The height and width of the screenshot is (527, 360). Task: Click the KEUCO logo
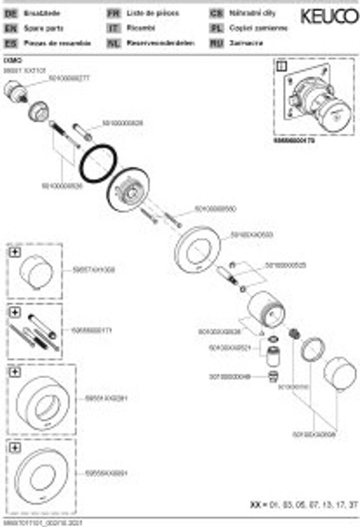(329, 17)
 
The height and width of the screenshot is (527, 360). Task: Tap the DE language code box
(10, 14)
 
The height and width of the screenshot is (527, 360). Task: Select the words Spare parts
(42, 29)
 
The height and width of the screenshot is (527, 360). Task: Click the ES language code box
(10, 43)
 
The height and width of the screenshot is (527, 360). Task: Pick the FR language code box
(114, 14)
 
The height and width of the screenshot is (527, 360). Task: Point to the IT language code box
(114, 29)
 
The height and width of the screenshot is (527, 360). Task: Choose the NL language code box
(114, 43)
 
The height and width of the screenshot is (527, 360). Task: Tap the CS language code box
(217, 14)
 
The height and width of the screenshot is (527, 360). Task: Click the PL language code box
(217, 29)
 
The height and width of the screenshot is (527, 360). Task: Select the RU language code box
(217, 43)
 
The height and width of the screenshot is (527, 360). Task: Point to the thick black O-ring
(98, 163)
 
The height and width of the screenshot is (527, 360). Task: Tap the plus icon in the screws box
(14, 312)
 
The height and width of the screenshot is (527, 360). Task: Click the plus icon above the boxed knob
(14, 252)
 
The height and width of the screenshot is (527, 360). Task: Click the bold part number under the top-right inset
(294, 139)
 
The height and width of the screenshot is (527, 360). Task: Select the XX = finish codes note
(303, 505)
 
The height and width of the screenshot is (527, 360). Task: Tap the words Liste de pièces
(153, 14)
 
